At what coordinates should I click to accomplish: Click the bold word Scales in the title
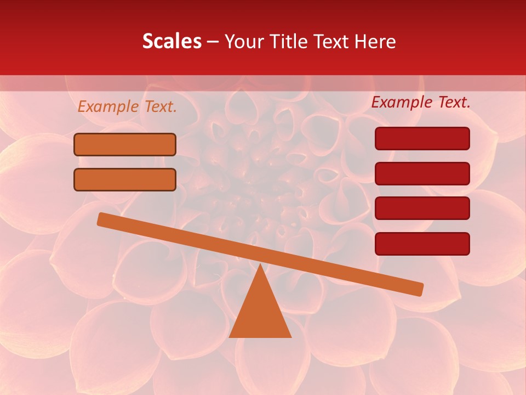[x=171, y=42]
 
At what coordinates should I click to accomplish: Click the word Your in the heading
[x=244, y=42]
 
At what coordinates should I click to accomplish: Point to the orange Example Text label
[x=127, y=106]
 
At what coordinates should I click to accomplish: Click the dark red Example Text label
[x=421, y=102]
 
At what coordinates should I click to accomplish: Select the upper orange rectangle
[x=125, y=145]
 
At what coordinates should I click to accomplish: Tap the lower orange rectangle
[x=125, y=179]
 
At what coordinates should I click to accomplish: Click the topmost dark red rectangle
[x=422, y=138]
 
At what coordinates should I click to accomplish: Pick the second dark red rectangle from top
[x=422, y=173]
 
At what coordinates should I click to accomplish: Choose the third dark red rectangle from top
[x=422, y=208]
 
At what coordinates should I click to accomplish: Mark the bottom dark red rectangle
[x=422, y=244]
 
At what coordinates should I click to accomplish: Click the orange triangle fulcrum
[x=260, y=313]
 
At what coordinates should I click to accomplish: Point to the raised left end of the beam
[x=102, y=219]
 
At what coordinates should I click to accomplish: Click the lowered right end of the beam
[x=419, y=289]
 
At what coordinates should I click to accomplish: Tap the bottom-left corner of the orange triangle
[x=230, y=336]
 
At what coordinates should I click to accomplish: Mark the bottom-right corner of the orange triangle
[x=290, y=336]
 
